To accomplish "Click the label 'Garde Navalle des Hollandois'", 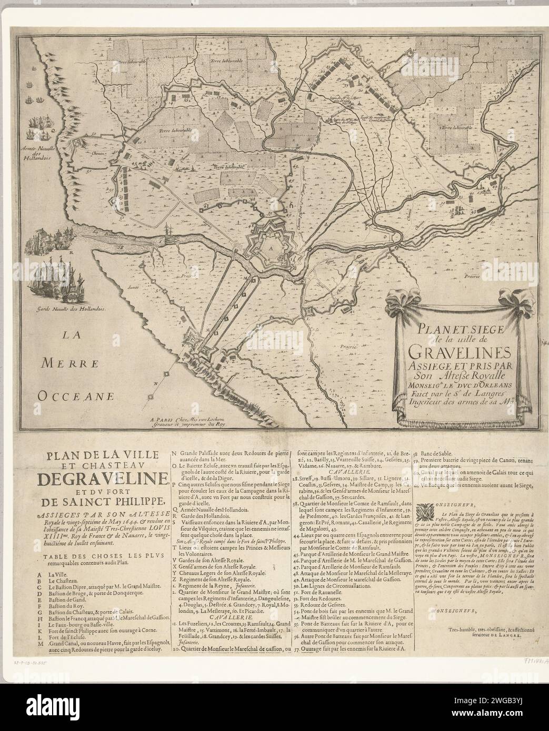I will click(x=68, y=310).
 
